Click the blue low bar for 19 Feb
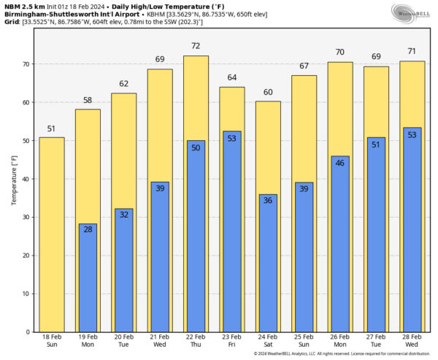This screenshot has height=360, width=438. pyautogui.click(x=88, y=277)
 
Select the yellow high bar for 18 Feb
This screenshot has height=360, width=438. pyautogui.click(x=52, y=234)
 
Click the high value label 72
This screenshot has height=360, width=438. pyautogui.click(x=196, y=46)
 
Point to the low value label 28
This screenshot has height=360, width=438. pyautogui.click(x=88, y=230)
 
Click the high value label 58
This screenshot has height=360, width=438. pyautogui.click(x=88, y=99)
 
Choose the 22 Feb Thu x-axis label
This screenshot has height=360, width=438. pyautogui.click(x=196, y=341)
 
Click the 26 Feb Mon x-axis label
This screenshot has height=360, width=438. pyautogui.click(x=340, y=341)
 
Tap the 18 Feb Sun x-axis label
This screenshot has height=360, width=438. pyautogui.click(x=52, y=341)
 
